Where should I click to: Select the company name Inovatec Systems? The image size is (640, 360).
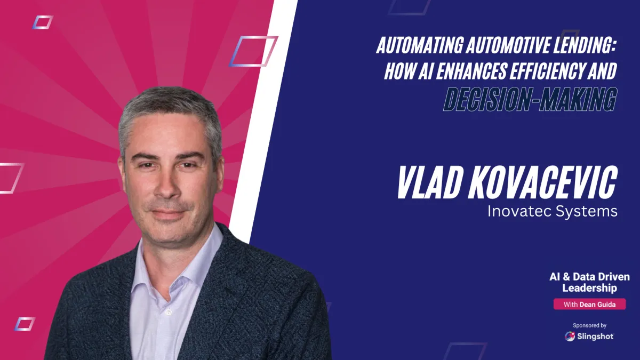[552, 211]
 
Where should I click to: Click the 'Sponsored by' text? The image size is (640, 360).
[589, 325]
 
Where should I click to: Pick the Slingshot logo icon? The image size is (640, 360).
[570, 336]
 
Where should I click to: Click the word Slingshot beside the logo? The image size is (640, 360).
[595, 336]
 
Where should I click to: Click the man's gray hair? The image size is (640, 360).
[168, 107]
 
